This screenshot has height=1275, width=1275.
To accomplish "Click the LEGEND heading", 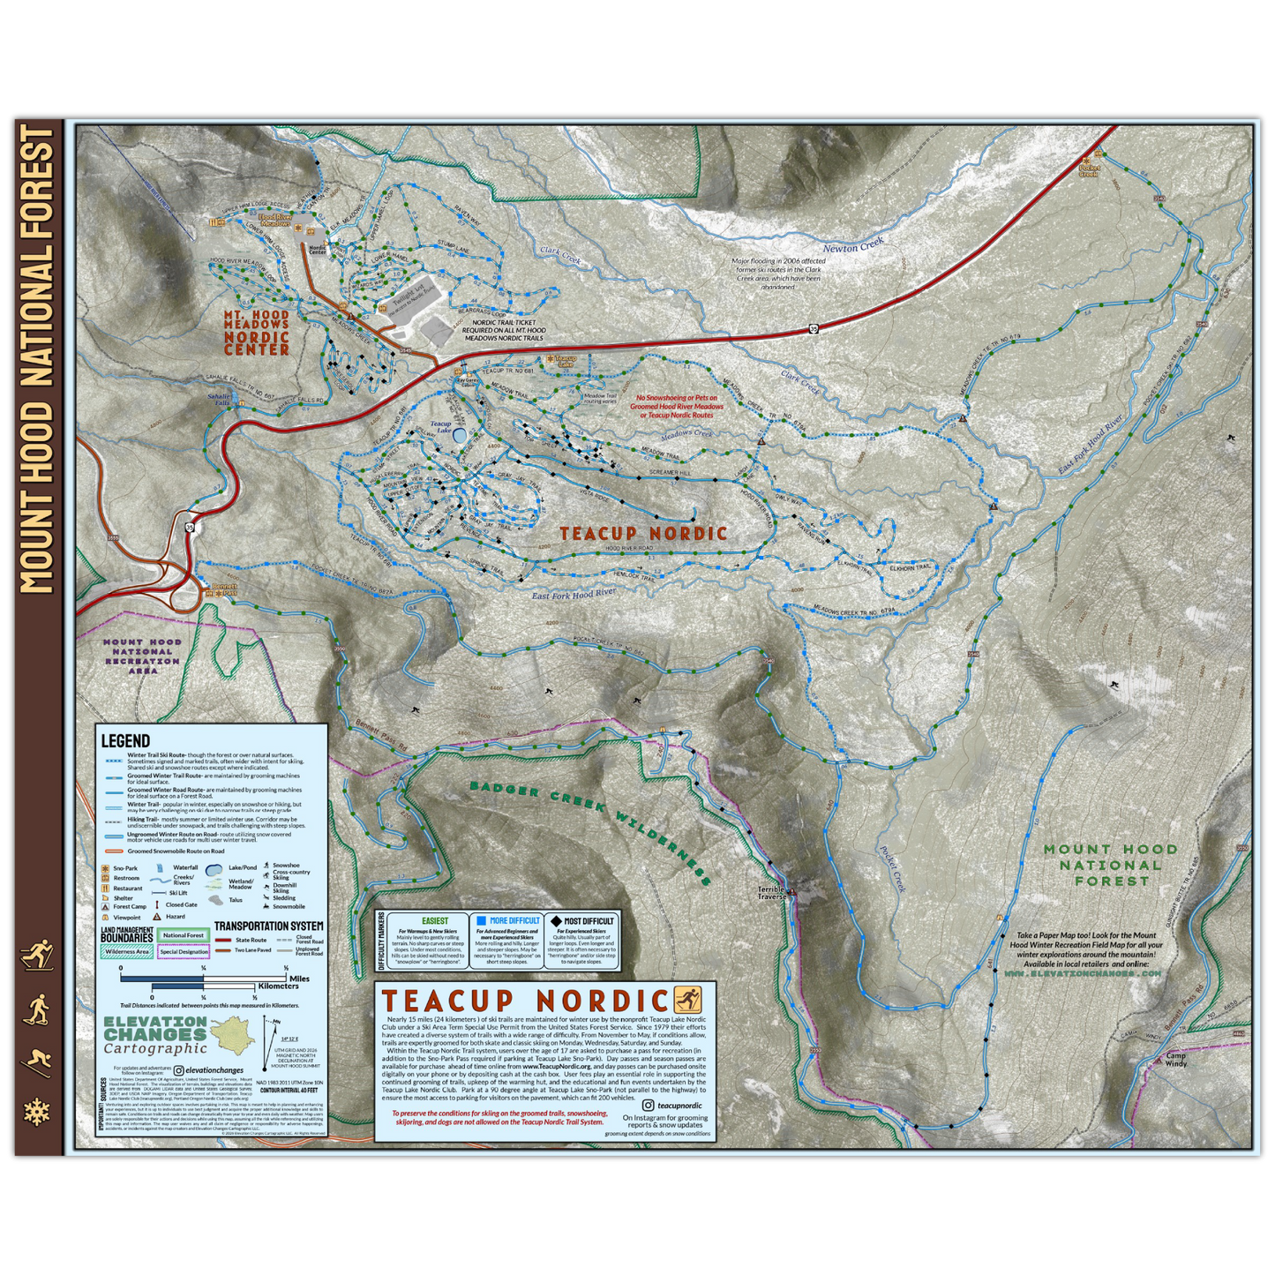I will point(125,741).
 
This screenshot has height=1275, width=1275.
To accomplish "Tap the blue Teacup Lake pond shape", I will point(460,434).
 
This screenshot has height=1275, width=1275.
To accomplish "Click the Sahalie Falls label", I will point(221,400).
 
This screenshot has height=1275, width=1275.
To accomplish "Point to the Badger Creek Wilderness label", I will point(590,830).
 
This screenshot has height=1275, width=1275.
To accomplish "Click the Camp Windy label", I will point(1176,1060).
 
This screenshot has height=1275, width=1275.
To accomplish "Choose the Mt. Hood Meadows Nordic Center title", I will point(257,332).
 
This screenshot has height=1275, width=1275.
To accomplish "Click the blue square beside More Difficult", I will point(481,920).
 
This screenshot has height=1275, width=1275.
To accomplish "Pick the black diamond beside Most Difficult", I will point(556,920).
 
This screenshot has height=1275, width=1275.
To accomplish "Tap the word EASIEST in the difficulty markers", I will point(435,920).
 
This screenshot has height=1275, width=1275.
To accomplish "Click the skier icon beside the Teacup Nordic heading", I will point(687,1000).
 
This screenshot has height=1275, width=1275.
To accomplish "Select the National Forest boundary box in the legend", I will point(184,935).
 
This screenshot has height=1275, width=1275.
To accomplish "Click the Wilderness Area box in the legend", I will point(128,952).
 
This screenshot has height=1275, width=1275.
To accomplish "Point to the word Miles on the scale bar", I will point(300,979).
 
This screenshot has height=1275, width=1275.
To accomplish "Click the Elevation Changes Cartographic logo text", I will point(155,1034).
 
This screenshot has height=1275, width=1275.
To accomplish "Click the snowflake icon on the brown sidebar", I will point(37,1112).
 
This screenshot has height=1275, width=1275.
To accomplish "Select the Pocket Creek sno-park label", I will point(1089,170).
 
